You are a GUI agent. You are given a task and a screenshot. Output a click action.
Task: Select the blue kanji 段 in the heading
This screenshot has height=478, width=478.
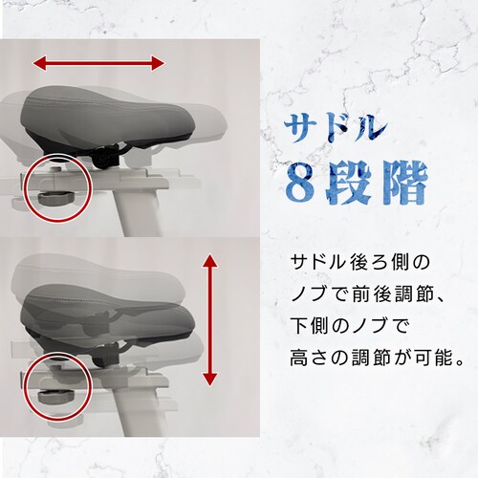(x=350, y=184)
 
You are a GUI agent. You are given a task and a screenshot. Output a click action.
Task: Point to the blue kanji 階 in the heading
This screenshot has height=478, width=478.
(x=402, y=183)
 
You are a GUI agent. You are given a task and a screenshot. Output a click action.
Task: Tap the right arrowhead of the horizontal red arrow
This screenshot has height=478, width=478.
(x=158, y=63)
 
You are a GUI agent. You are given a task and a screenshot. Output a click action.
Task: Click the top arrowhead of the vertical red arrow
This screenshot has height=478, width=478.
(x=209, y=261)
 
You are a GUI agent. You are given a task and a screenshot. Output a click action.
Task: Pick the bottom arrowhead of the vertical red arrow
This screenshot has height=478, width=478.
(x=209, y=380)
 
